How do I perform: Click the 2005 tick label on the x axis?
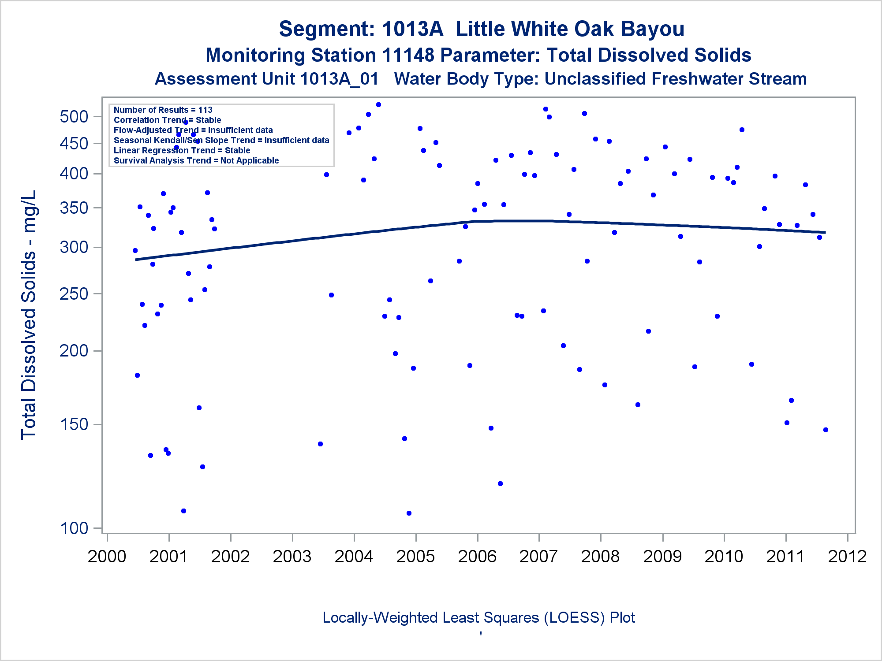415,557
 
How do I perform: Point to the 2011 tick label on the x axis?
785,557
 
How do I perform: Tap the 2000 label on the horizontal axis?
107,557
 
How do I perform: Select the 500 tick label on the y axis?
74,117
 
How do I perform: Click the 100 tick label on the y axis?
74,528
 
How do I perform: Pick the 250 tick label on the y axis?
74,294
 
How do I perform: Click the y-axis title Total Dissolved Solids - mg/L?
29,315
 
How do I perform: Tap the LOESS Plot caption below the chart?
478,618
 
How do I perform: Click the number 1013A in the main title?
412,29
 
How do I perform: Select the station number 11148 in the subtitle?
408,56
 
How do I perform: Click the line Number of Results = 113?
163,110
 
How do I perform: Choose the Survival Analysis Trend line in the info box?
196,160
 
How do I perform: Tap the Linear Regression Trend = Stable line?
182,150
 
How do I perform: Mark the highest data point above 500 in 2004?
378,105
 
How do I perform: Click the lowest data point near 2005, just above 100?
409,513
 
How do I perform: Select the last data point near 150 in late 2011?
826,430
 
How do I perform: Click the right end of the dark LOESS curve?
825,232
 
